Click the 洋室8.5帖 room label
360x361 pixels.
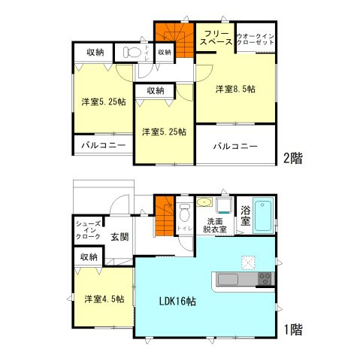coord(235,89)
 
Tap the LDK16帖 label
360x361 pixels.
coord(177,301)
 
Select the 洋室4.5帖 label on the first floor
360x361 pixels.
coord(103,299)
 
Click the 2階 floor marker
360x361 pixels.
coord(292,158)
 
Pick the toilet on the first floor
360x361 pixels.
coord(185,211)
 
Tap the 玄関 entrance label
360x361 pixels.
coord(119,236)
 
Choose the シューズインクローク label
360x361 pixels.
coord(88,229)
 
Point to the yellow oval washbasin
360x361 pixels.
coord(204,202)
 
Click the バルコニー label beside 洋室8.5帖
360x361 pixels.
coord(234,145)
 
